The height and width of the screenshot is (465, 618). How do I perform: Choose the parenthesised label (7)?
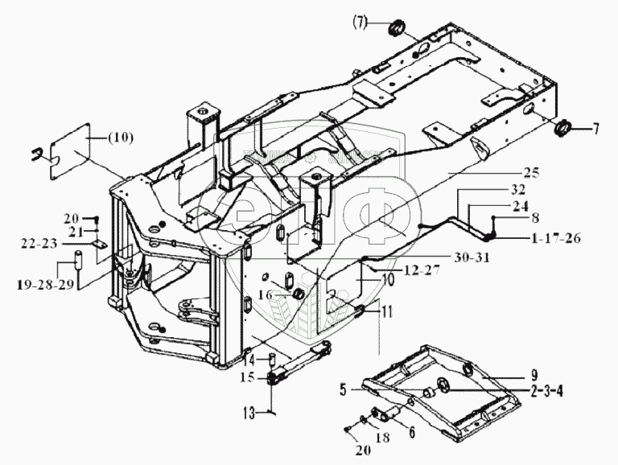pos(357,25)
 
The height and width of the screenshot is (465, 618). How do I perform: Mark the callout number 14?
pos(249,359)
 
